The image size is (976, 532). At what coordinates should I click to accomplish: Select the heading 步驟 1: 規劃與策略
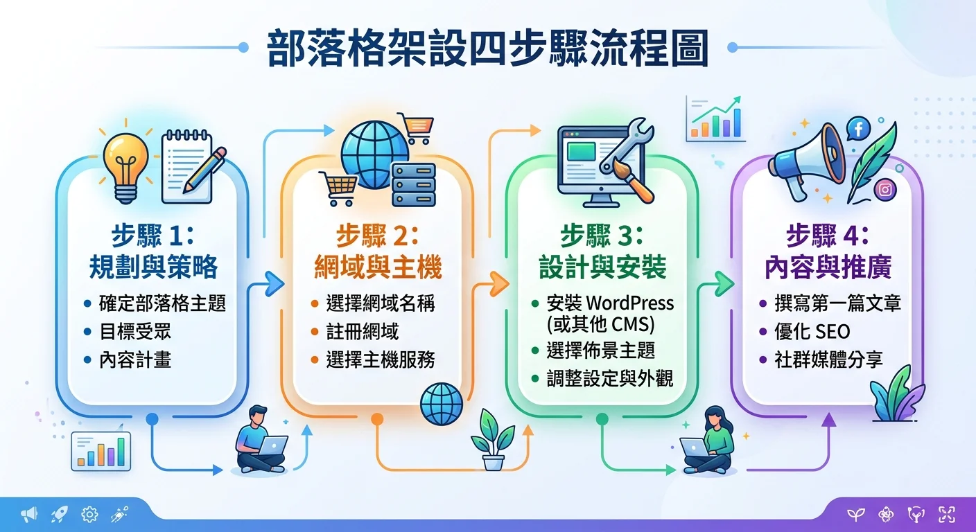click(153, 251)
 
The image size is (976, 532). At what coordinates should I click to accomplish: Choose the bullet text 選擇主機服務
click(381, 360)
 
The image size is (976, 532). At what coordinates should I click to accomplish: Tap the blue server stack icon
click(413, 184)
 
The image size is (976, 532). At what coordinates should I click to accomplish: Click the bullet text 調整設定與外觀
click(609, 378)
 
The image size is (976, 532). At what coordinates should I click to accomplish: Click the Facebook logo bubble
click(858, 127)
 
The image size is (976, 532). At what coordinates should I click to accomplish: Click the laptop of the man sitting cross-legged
click(272, 445)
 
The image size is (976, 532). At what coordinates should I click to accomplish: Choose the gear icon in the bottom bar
click(89, 514)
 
